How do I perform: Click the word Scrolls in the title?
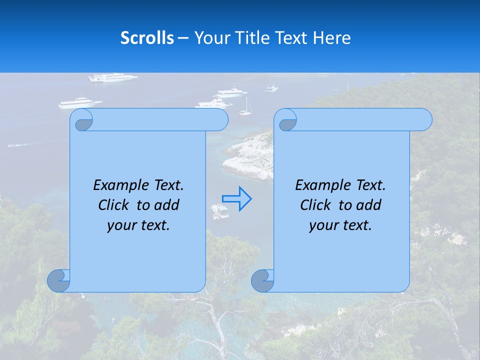(147, 38)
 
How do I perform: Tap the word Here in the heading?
(331, 38)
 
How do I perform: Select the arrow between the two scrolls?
(236, 198)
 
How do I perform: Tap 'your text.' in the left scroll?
(138, 225)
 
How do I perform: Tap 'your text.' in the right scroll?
(340, 225)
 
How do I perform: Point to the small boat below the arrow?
(220, 211)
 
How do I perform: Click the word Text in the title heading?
(289, 38)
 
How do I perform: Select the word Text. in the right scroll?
(370, 185)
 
